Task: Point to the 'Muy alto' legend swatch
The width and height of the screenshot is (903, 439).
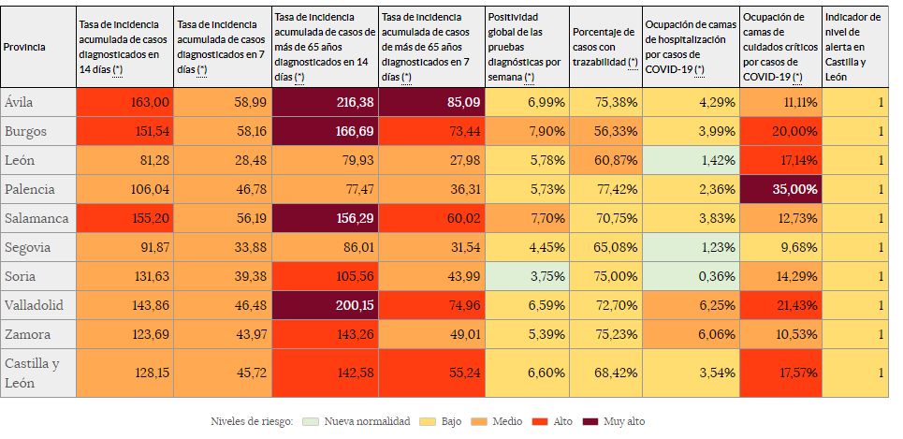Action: (590, 421)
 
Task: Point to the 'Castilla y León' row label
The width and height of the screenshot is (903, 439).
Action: (32, 373)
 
